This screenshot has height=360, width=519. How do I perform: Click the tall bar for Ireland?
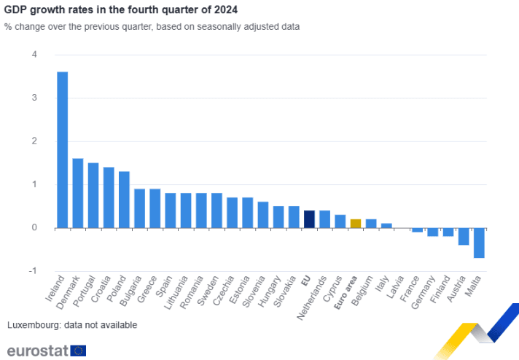63,149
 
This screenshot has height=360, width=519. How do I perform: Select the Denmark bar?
78,193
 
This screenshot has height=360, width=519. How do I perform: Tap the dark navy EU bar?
309,219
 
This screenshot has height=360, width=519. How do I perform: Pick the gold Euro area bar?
356,224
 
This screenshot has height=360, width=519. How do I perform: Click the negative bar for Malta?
479,243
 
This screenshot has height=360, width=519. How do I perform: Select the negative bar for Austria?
464,236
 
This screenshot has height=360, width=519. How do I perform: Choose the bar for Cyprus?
340,222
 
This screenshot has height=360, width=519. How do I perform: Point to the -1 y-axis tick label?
33,271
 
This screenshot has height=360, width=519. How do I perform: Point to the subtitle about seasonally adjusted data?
152,27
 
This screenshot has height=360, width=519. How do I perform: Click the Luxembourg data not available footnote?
71,324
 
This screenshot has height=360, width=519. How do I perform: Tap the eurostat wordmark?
37,350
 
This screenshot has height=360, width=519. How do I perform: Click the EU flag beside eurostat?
79,351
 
